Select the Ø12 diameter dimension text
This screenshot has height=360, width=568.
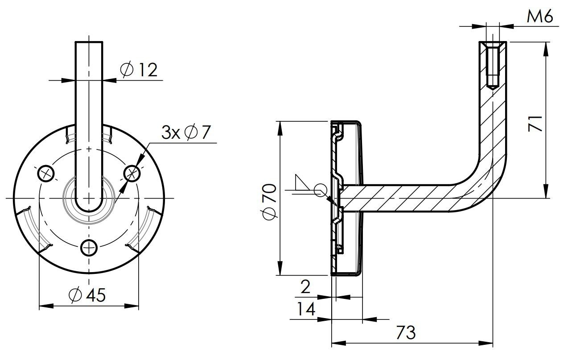(x=139, y=70)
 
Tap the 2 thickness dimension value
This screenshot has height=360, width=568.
(x=306, y=287)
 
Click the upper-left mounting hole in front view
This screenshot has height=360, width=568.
(x=46, y=174)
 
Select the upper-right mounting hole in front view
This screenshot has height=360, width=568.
(x=132, y=174)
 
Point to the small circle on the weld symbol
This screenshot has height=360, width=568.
(x=319, y=190)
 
